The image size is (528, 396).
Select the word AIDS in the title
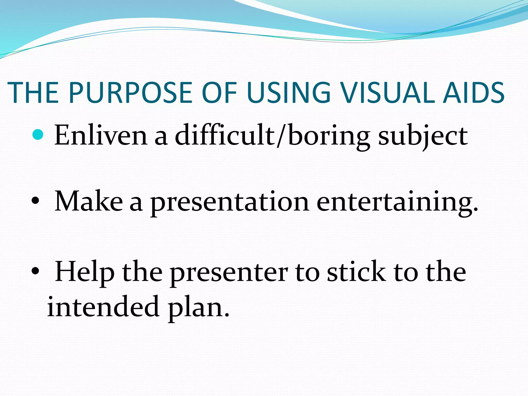point(474,93)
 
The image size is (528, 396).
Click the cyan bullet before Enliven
point(38,134)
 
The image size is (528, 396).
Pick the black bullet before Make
point(35,201)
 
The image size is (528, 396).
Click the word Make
point(89,201)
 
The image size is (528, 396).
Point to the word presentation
point(230,203)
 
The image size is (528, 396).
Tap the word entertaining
point(397,203)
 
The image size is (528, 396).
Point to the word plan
point(199,308)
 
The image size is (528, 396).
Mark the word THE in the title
point(34,93)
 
